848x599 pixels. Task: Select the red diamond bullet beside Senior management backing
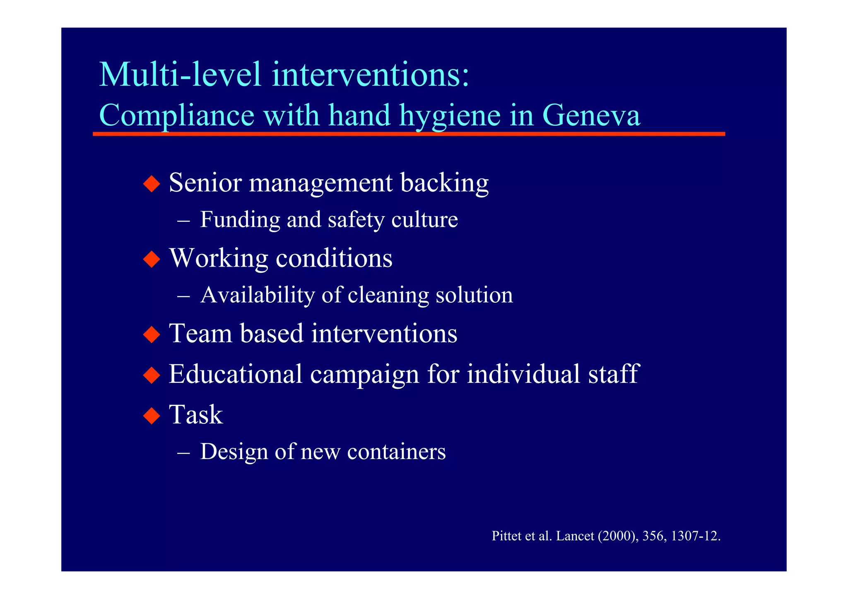[x=152, y=183]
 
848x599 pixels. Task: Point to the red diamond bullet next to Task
[x=152, y=415]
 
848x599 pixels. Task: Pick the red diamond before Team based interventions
[x=152, y=334]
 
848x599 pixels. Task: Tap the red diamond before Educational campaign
[x=152, y=375]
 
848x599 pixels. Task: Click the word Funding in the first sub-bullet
[x=240, y=219]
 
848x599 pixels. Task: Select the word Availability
[x=257, y=295]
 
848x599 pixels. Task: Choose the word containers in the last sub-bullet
[x=396, y=451]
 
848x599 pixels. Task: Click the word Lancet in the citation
[x=575, y=536]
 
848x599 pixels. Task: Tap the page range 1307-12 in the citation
[x=695, y=536]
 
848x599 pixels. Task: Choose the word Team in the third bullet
[x=201, y=333]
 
